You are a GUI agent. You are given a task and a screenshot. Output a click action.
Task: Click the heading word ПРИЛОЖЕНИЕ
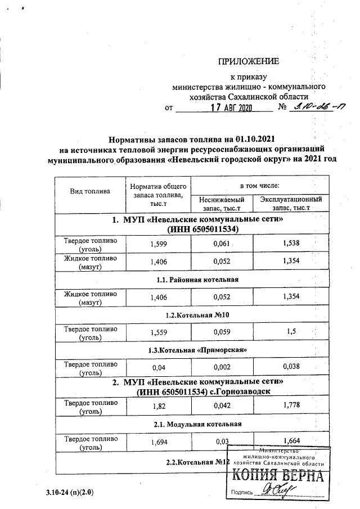tap(248, 61)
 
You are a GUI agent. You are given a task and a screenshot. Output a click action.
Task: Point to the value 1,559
tap(159, 332)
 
